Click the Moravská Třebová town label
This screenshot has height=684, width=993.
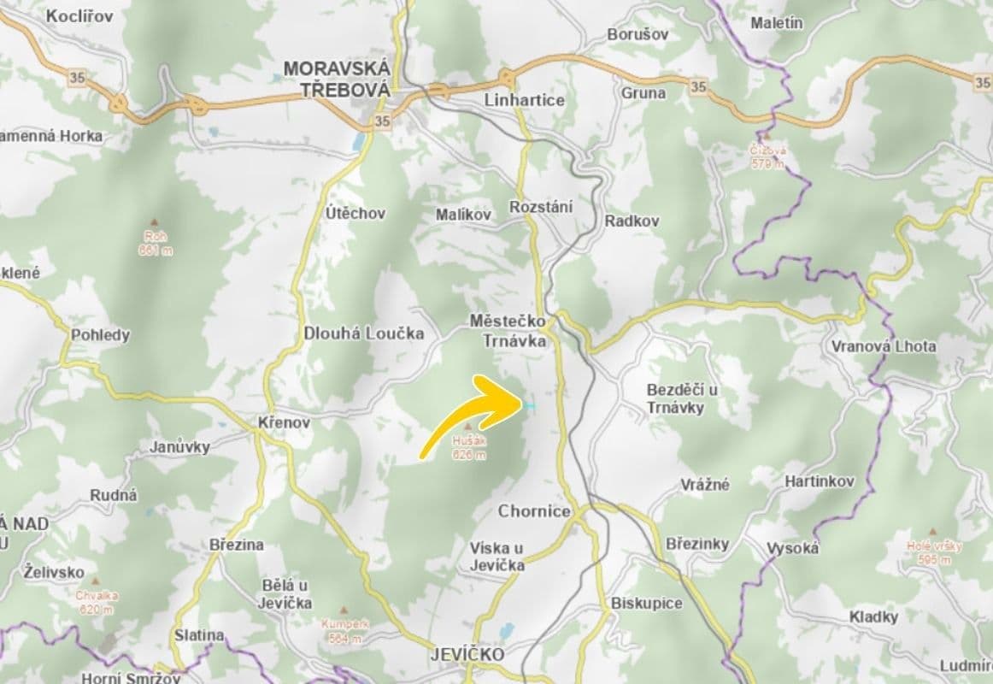point(336,78)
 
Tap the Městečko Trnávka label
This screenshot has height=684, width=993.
point(508,329)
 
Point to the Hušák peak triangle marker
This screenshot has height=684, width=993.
point(468,424)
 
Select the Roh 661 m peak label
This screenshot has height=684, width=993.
point(154,243)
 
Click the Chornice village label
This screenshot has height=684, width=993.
point(534,511)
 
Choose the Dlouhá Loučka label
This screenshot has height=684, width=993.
point(364,334)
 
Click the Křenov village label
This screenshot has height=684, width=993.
point(284,422)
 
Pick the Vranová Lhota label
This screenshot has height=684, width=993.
point(883,346)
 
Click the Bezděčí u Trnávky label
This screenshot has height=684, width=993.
point(682,398)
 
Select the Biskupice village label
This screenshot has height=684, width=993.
point(647,604)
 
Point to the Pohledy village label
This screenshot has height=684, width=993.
point(101,335)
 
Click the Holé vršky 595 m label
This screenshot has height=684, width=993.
point(935,552)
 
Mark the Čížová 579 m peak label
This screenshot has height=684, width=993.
point(767,156)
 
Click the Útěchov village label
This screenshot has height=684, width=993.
point(355,213)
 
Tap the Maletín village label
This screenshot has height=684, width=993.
point(777,23)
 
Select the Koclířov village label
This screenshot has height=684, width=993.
point(79,16)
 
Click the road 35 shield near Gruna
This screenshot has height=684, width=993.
point(698,86)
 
